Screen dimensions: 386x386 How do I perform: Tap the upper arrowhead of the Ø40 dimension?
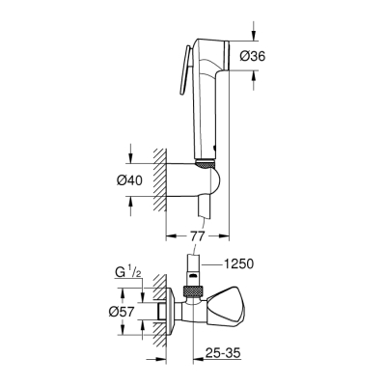click(129, 157)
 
